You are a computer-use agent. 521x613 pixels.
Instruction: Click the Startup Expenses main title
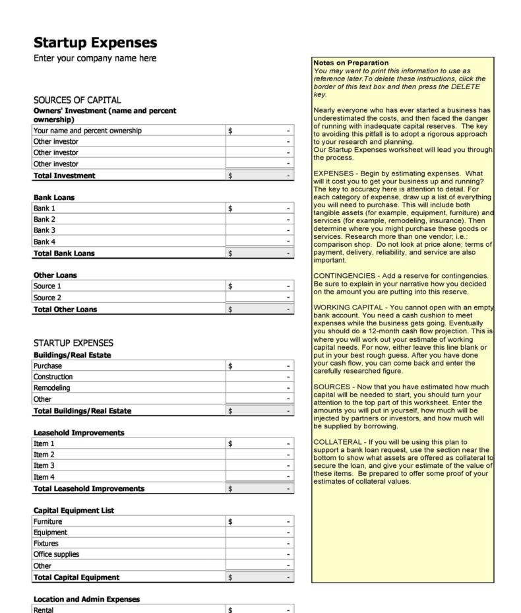tap(95, 43)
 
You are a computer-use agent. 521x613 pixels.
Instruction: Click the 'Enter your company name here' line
tap(95, 59)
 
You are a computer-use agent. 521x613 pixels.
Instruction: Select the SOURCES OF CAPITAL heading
tap(77, 100)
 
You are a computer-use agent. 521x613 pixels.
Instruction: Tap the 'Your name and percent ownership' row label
tap(87, 131)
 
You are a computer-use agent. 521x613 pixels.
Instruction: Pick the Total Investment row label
tap(64, 176)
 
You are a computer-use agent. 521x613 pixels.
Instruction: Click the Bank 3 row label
tap(44, 230)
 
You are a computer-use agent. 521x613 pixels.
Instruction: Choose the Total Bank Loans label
tap(64, 253)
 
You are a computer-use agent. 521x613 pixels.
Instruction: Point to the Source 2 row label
tap(47, 298)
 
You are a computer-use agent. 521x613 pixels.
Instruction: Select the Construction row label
tap(53, 377)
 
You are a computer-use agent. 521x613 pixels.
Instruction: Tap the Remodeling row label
tap(51, 388)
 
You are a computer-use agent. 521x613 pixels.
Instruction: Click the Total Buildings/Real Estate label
tap(82, 411)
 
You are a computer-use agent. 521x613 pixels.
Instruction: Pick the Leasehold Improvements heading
tap(78, 433)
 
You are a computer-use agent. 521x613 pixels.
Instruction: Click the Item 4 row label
tap(44, 477)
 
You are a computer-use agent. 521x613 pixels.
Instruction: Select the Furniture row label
tap(47, 522)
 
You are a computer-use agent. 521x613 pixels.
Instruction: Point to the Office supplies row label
tap(55, 555)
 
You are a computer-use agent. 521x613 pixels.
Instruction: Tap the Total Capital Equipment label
tap(76, 577)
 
